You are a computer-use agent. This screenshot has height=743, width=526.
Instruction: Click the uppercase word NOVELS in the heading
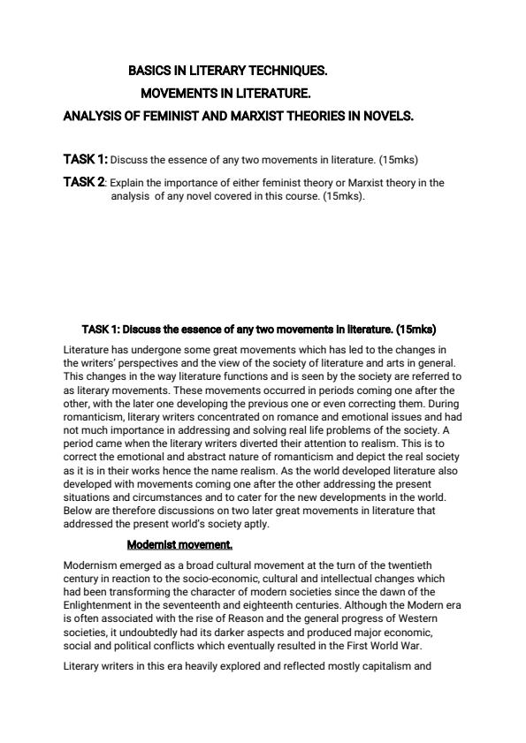pos(385,116)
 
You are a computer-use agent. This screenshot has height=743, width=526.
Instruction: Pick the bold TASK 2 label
pos(84,182)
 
